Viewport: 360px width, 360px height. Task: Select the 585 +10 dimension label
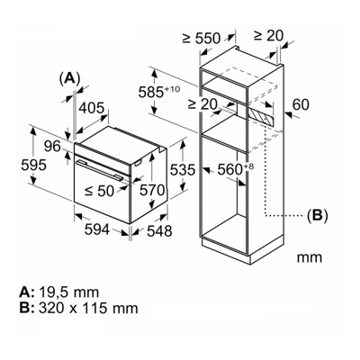(x=161, y=92)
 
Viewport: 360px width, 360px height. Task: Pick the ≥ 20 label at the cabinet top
(x=268, y=35)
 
